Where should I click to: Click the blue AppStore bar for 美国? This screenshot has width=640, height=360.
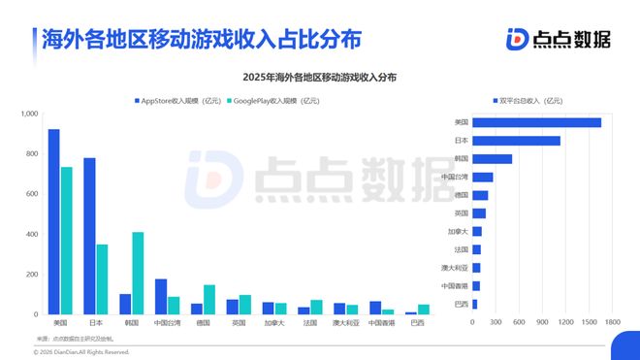coord(53,222)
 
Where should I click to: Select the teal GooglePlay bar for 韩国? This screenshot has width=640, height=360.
coord(138,274)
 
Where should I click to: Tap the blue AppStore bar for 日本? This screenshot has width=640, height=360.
coord(89,237)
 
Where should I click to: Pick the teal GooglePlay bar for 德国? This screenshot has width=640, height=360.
coord(209,300)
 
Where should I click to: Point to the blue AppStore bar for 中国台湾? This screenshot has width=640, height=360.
coord(161,297)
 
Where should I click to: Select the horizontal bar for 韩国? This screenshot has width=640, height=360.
coord(492,159)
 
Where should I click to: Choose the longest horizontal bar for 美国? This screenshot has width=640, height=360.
coord(536,122)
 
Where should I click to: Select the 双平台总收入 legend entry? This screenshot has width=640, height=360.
coord(528,100)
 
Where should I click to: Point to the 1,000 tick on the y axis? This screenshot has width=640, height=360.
coord(28,115)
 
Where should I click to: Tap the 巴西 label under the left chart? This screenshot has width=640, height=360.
coord(417,322)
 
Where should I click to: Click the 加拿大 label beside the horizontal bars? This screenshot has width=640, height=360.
coord(457,232)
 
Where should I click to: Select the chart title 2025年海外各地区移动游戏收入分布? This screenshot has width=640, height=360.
coord(320,76)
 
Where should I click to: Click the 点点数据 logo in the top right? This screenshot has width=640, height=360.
coord(559,38)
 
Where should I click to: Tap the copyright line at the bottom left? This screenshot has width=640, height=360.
coord(68,352)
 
